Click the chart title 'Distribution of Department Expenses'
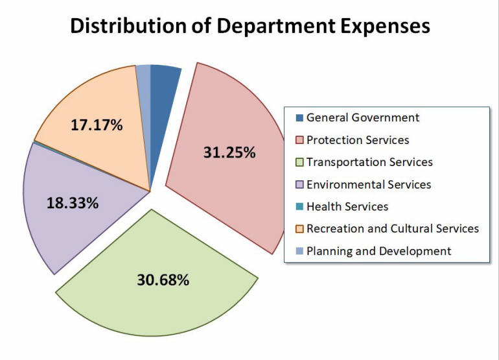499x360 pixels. point(250,26)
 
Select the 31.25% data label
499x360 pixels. point(229,153)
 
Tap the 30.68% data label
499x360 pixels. point(163,280)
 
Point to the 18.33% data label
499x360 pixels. point(73,203)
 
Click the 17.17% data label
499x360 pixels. point(97,125)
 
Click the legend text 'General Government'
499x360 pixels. point(363,117)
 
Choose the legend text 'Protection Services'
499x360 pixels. point(358,139)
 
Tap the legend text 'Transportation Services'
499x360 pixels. point(369,162)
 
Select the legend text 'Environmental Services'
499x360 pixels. point(368,184)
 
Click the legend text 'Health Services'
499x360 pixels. point(347,206)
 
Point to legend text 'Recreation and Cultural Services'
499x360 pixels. point(392,228)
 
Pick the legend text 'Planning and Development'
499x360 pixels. point(378,250)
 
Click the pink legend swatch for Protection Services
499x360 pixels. point(299,140)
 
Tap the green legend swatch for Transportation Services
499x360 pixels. point(299,162)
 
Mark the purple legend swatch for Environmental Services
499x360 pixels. point(299,184)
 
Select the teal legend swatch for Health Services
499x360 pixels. point(299,206)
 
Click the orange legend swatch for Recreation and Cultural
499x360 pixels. point(299,228)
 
